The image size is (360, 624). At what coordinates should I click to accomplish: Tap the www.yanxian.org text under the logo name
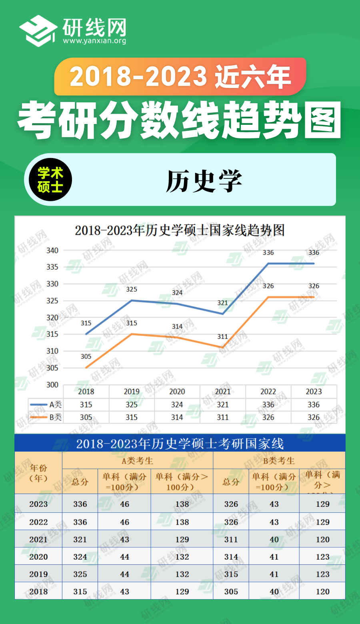tap(94, 41)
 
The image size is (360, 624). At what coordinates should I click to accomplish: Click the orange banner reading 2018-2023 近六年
tap(180, 76)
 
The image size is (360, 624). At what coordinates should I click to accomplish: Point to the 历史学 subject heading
tap(204, 181)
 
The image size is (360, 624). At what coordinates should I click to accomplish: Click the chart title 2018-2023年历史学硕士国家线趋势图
tap(180, 230)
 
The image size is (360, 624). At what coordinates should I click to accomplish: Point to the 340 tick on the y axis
tap(52, 250)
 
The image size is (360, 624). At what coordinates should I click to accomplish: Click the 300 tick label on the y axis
tap(52, 385)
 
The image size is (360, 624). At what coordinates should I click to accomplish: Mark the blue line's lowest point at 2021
tap(223, 314)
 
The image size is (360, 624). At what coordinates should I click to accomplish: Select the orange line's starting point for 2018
tap(86, 368)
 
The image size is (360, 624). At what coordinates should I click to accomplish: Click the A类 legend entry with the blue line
tap(46, 404)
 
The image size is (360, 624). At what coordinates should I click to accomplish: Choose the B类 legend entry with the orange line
tap(46, 417)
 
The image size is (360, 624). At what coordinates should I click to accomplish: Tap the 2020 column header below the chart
tap(177, 392)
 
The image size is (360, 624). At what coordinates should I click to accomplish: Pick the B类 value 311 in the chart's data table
tap(222, 417)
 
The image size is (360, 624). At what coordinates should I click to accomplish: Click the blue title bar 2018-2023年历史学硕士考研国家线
tap(180, 444)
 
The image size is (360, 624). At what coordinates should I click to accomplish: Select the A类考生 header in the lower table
tap(137, 461)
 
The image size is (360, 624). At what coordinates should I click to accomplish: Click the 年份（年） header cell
tap(38, 473)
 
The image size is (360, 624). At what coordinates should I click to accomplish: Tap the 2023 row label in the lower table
tap(38, 504)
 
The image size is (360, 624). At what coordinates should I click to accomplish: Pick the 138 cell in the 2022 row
tap(182, 522)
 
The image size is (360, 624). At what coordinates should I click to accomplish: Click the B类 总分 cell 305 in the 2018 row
tap(231, 591)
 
